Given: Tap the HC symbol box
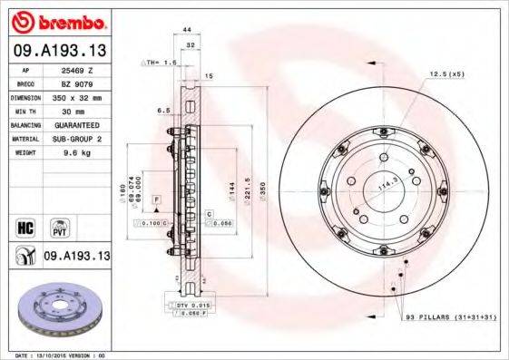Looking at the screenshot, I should (24, 226).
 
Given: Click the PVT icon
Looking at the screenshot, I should (57, 226).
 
